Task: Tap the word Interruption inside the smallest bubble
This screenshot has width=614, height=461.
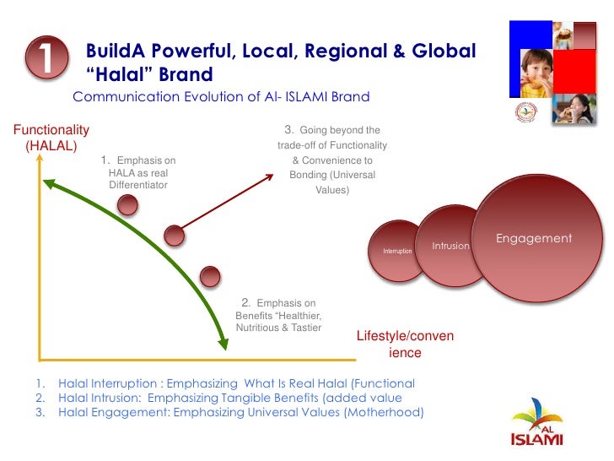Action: [x=397, y=252]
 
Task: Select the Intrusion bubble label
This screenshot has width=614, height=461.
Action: [x=450, y=246]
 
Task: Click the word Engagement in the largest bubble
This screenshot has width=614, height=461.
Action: [x=533, y=239]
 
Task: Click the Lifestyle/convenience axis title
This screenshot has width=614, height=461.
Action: [x=405, y=344]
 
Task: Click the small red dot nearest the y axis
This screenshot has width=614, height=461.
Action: [x=127, y=204]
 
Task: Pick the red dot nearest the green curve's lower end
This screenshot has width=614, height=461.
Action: [x=210, y=275]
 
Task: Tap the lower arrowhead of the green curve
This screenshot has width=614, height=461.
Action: [x=224, y=343]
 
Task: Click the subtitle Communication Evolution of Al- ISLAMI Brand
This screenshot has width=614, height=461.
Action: [x=221, y=96]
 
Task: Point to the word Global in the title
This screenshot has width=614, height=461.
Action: [x=439, y=52]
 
